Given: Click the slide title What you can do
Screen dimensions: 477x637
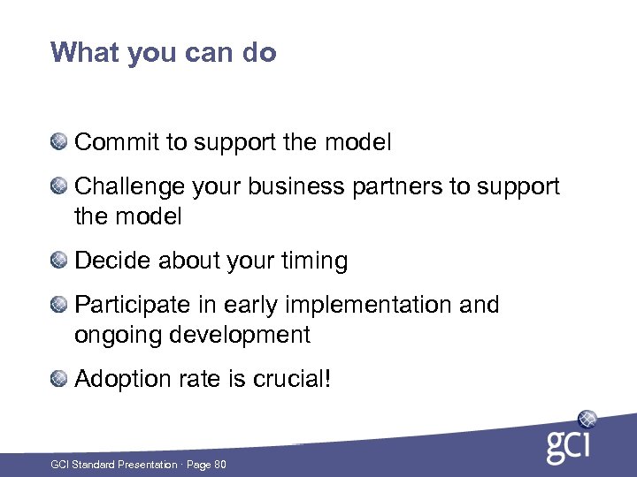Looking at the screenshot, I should tap(164, 53).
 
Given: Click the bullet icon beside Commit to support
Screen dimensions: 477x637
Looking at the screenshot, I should tap(58, 141).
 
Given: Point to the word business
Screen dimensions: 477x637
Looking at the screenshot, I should tap(293, 187).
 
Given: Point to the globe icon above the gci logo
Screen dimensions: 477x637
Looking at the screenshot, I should tap(587, 419).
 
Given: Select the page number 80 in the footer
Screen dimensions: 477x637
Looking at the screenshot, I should tap(220, 464).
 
